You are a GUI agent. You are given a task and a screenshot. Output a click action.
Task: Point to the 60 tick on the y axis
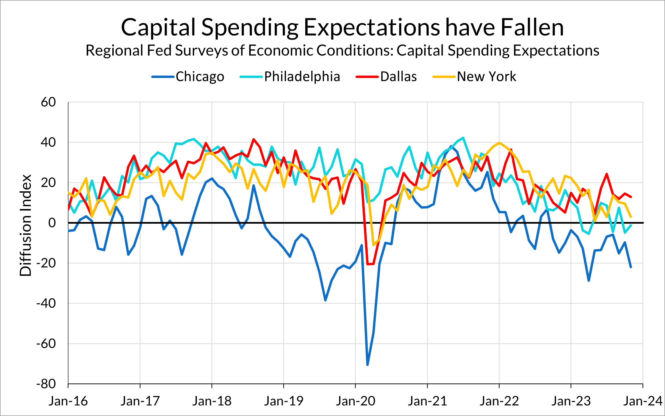click(x=48, y=102)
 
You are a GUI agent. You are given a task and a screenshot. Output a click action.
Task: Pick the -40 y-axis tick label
click(x=46, y=304)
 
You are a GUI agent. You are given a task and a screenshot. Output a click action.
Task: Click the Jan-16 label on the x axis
click(x=68, y=401)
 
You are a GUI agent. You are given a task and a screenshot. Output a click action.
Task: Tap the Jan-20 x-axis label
click(x=355, y=401)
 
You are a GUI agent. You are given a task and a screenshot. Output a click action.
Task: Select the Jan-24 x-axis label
click(x=643, y=401)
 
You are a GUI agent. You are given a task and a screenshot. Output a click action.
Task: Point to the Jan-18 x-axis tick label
click(x=212, y=401)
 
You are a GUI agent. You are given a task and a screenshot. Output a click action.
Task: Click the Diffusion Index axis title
click(x=25, y=225)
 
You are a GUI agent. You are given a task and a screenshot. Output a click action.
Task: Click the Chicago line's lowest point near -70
click(x=368, y=365)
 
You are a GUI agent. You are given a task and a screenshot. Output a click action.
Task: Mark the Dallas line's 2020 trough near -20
click(x=370, y=264)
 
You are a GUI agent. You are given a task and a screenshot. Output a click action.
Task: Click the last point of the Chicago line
click(x=631, y=267)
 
